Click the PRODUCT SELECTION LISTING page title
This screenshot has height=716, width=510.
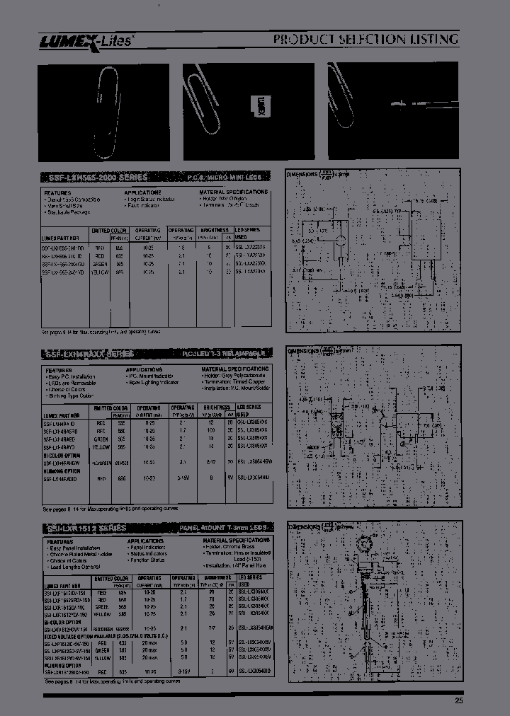coord(365,40)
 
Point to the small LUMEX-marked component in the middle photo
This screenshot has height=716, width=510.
coord(259,105)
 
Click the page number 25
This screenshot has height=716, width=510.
coord(459,700)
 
